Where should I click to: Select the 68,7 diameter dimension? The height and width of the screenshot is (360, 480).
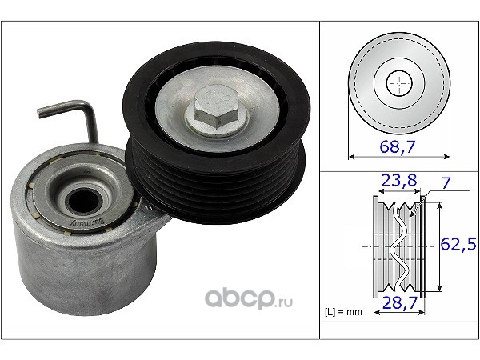tap(398, 146)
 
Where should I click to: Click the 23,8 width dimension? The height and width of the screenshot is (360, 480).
tap(399, 180)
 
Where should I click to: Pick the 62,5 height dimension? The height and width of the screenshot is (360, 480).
tap(458, 244)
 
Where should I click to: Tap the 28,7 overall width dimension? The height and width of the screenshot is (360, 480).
tap(400, 302)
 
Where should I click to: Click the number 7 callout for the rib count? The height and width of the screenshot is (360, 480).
tap(446, 182)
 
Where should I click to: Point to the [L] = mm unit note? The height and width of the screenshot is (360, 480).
tap(343, 312)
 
